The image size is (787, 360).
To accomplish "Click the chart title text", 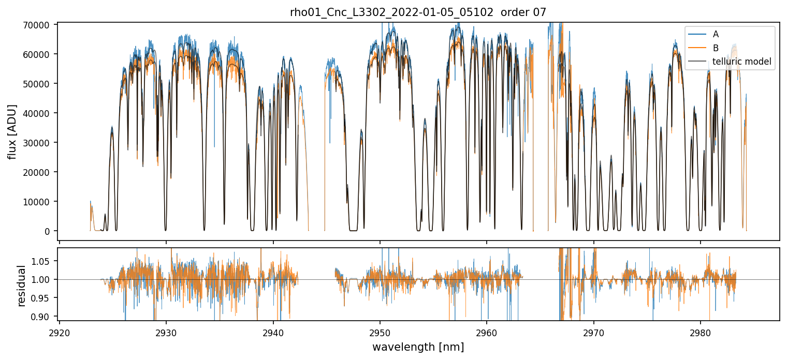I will tap(418, 12).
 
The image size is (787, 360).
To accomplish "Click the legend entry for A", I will tap(716, 34).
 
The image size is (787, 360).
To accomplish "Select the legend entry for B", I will tap(716, 48).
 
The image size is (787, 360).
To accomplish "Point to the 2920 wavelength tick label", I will tap(60, 331).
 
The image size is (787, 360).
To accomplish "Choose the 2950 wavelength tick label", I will tap(380, 331).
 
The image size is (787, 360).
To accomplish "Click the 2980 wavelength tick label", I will tap(701, 331).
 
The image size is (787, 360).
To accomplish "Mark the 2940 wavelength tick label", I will tap(273, 331).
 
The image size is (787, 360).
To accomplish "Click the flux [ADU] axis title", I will tap(12, 131).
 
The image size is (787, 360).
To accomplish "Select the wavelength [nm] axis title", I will tap(418, 347).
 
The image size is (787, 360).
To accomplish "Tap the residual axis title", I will tap(22, 286).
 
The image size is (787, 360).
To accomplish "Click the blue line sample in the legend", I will tap(697, 34).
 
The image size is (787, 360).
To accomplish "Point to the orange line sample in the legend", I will tap(697, 48).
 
